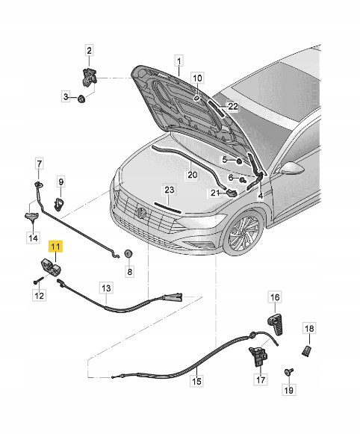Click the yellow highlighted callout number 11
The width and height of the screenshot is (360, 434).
click(55, 247)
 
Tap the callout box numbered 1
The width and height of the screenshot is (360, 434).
click(179, 61)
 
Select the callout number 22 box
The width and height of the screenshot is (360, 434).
click(233, 106)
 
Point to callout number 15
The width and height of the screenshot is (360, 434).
click(196, 381)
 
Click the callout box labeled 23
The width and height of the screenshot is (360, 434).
click(169, 190)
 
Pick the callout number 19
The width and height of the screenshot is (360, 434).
click(288, 390)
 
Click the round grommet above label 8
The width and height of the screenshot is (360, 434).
click(128, 253)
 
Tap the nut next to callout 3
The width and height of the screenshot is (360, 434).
click(81, 99)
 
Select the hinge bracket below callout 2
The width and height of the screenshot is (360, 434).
click(90, 77)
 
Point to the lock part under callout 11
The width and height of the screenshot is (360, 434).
click(51, 267)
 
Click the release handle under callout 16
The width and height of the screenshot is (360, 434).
click(276, 324)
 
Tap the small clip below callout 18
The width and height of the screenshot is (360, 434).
click(306, 352)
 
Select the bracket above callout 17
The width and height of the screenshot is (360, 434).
click(258, 356)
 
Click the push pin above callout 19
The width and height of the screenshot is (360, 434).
click(289, 372)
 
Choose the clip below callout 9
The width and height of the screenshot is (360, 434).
click(59, 204)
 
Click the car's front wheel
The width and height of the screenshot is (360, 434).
click(243, 233)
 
